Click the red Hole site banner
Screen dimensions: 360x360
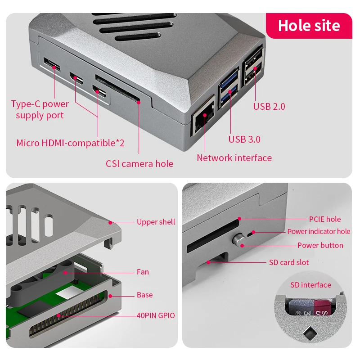309,26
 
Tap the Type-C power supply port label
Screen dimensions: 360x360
40,109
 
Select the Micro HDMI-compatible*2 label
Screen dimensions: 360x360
70,143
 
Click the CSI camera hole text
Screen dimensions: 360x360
139,163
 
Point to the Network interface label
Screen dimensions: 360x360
234,157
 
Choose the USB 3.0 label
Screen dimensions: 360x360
244,139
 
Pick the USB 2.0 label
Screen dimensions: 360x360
269,106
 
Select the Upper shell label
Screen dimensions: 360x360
156,222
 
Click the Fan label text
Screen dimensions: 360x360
143,272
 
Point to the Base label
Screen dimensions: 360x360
144,295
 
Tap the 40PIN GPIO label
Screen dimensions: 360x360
156,315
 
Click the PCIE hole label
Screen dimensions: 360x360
324,219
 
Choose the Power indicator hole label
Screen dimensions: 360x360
319,231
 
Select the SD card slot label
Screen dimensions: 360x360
288,262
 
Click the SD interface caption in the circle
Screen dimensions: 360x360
310,285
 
